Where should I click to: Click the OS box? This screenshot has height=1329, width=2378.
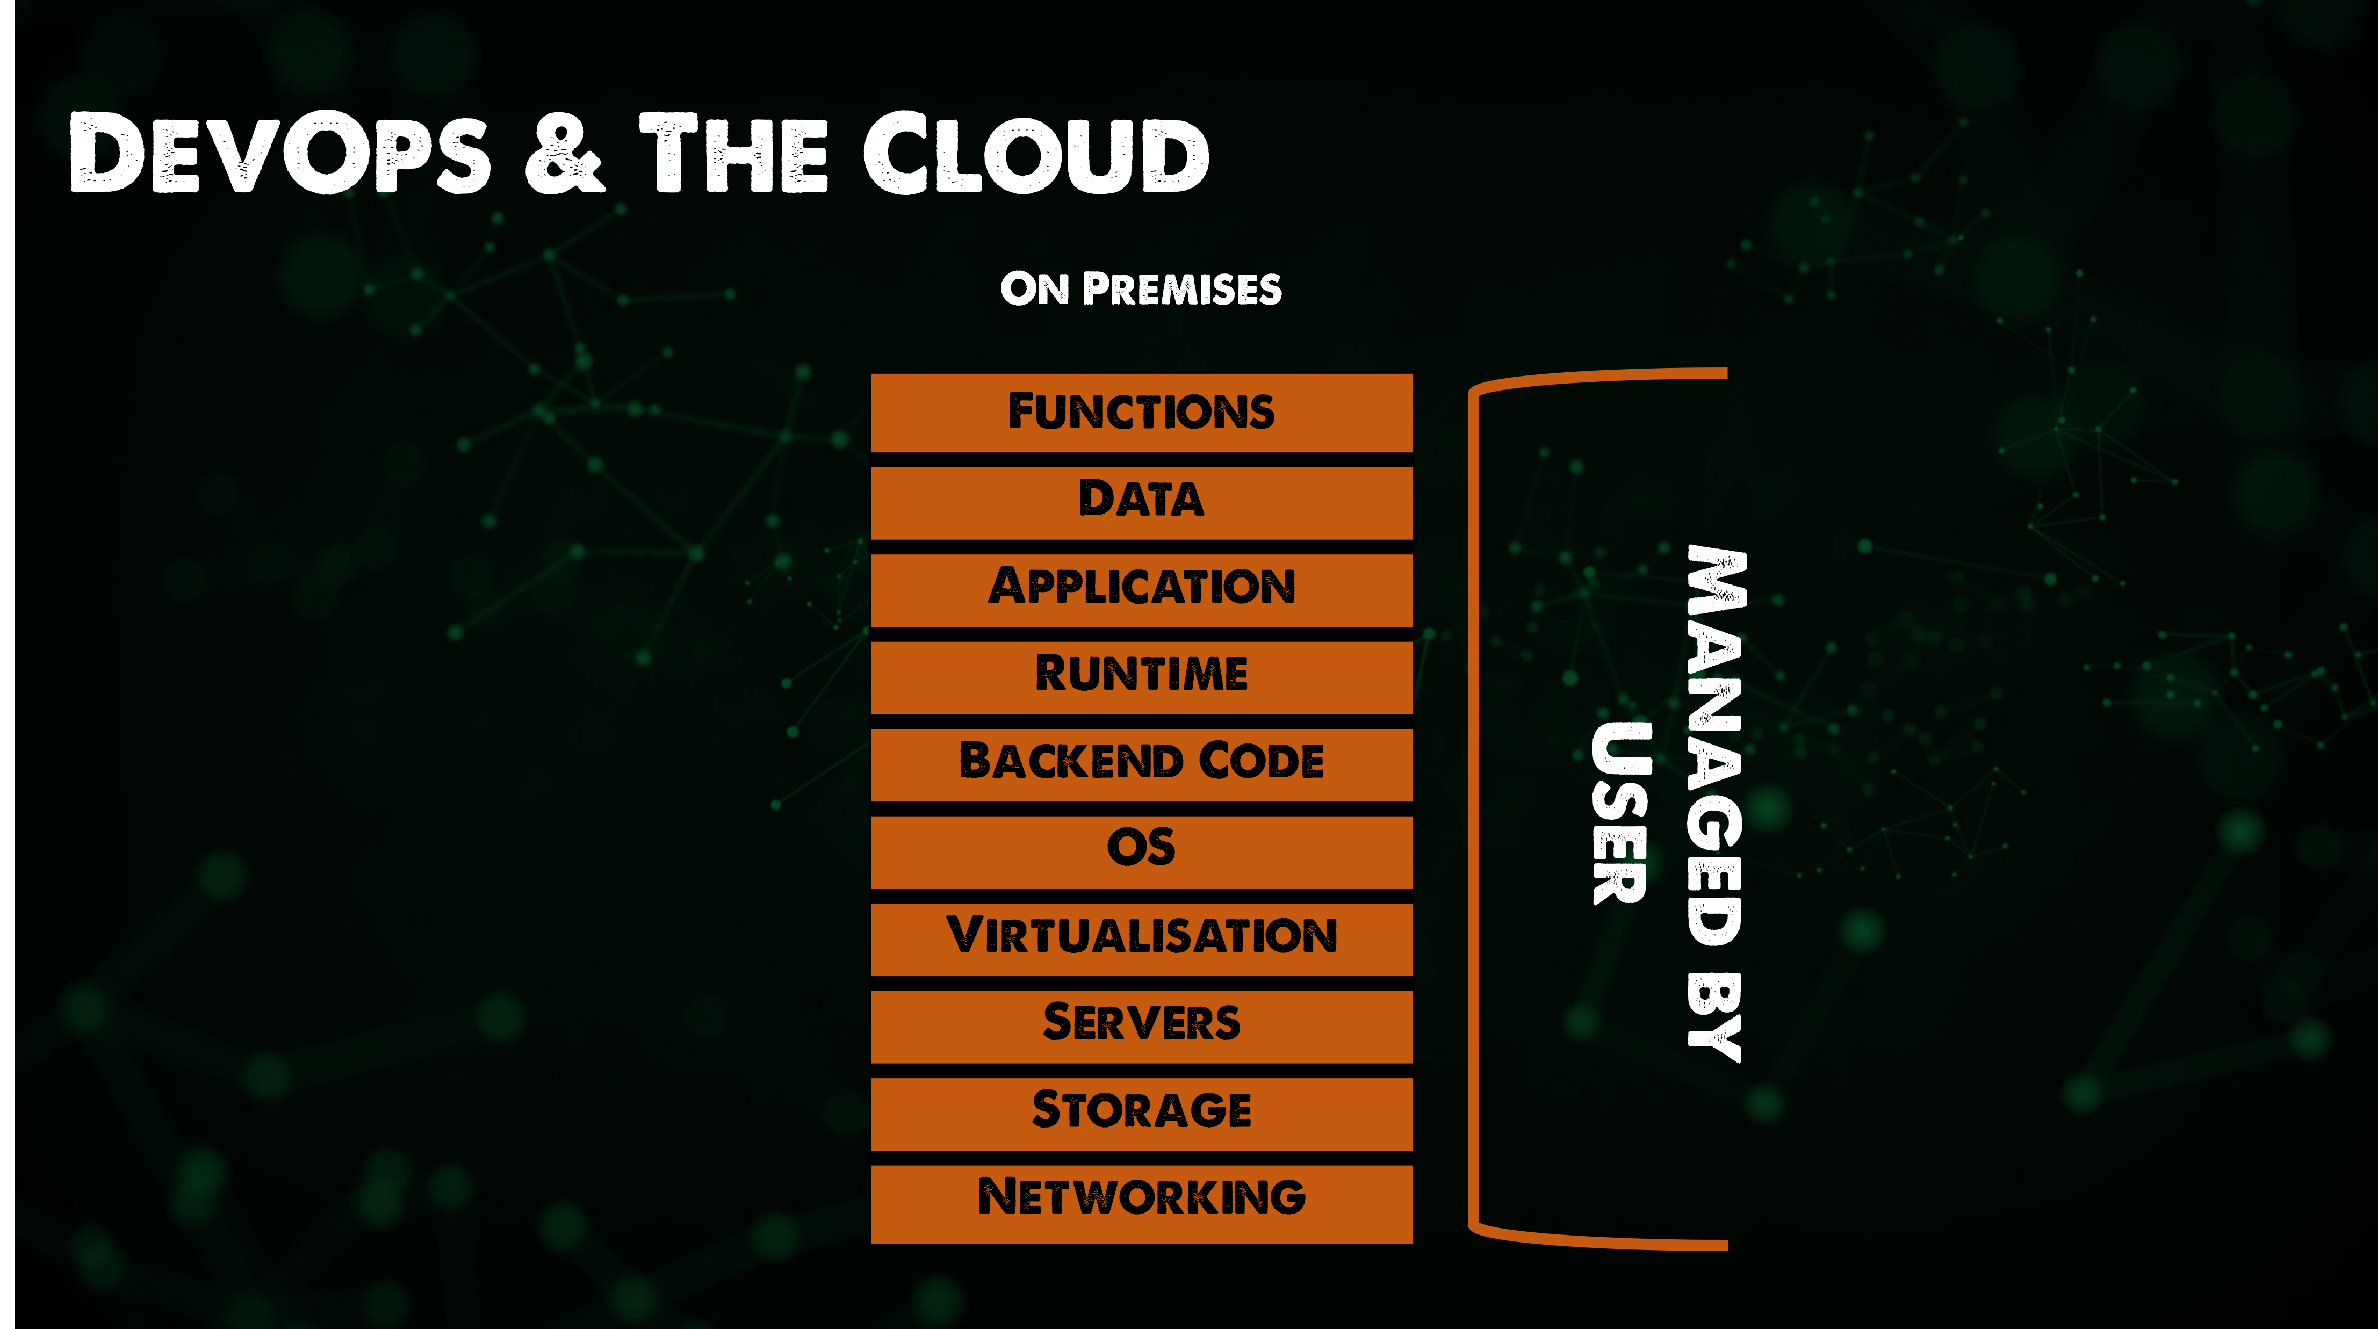1141,850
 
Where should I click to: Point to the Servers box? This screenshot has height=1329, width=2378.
1141,1024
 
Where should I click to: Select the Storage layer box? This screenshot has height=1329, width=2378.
1141,1112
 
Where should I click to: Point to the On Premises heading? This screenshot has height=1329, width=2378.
1141,289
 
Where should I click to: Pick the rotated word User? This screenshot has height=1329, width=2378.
1621,812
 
